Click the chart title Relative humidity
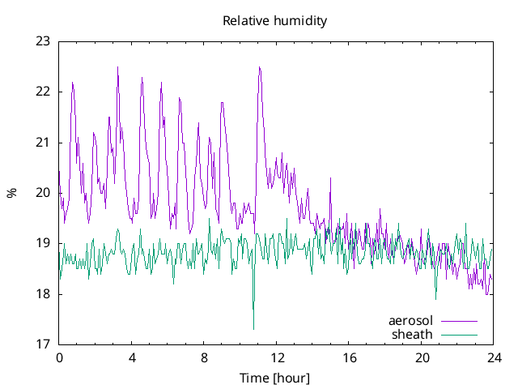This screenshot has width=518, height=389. (275, 21)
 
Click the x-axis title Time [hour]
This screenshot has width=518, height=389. (275, 378)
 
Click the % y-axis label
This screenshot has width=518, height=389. (11, 193)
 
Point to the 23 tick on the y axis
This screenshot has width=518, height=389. (43, 41)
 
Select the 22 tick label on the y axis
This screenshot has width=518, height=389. (43, 92)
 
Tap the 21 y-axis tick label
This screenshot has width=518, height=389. (43, 143)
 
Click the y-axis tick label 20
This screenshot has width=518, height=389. (43, 193)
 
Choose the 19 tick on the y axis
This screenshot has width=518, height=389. (43, 243)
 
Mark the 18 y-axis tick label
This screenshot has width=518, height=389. (43, 294)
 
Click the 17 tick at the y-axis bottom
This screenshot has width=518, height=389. (43, 344)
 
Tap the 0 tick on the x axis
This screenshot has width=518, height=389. (59, 357)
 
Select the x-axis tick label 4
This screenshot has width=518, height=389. (132, 357)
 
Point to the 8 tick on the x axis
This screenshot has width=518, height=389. (204, 357)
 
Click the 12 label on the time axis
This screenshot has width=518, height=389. (277, 357)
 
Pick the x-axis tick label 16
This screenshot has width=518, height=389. (350, 357)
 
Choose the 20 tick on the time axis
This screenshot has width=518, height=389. (422, 357)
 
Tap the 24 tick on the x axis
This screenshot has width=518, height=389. (495, 357)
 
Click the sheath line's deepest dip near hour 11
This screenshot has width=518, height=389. (253, 328)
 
